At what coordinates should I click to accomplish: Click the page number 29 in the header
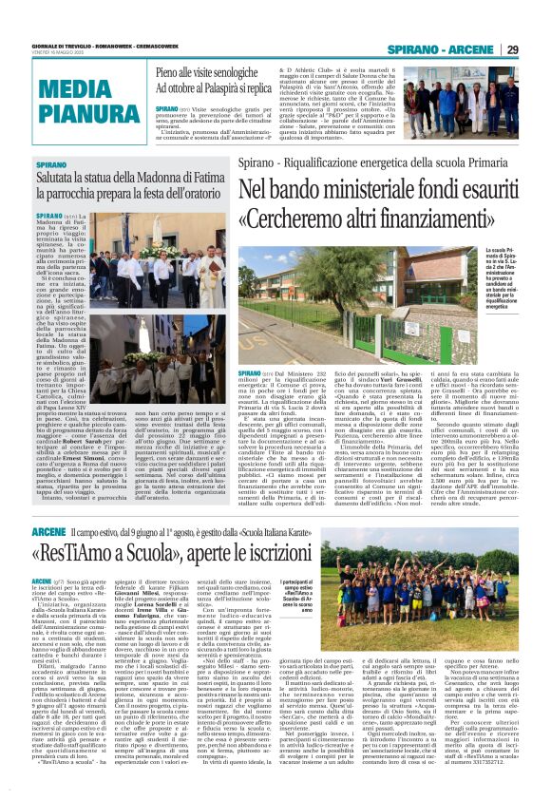(x=511, y=49)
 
